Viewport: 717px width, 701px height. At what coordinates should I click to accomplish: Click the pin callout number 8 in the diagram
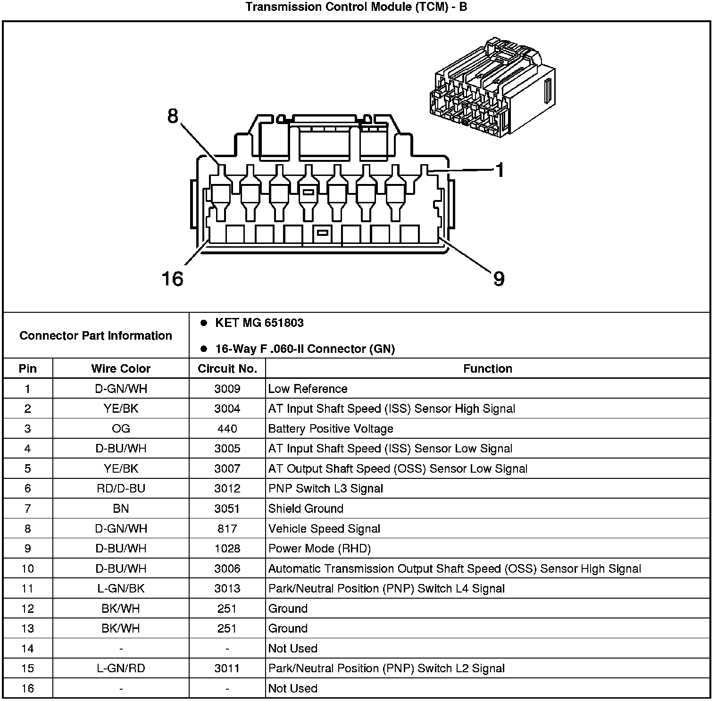click(173, 116)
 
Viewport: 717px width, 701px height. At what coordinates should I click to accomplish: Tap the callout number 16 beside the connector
click(172, 278)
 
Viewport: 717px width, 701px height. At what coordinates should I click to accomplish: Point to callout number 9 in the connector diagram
click(499, 278)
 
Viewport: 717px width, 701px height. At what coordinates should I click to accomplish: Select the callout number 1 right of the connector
click(500, 170)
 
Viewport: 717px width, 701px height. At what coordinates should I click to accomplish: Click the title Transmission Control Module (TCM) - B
click(356, 7)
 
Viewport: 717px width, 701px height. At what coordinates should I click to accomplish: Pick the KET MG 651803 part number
click(259, 323)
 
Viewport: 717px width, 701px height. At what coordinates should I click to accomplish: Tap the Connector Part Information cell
click(96, 335)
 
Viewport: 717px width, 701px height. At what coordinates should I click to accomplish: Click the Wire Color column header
click(121, 368)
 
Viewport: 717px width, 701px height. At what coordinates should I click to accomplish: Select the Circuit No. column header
click(227, 368)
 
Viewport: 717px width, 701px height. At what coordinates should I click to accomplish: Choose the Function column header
click(487, 368)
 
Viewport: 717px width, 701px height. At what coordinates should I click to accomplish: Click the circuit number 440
click(227, 429)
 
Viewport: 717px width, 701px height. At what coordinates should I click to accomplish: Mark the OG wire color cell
click(121, 429)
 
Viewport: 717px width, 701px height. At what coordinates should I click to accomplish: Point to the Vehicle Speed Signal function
click(324, 529)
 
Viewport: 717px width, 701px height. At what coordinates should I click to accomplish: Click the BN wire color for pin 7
click(121, 509)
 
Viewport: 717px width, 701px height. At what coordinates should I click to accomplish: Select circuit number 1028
click(227, 549)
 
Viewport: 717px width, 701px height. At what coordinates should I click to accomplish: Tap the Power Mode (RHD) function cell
click(319, 549)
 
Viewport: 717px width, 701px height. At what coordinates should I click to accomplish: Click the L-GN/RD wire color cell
click(121, 668)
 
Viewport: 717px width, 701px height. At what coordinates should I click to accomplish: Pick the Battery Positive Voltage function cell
click(331, 429)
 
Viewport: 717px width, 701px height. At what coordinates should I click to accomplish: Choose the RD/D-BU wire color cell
click(121, 489)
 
